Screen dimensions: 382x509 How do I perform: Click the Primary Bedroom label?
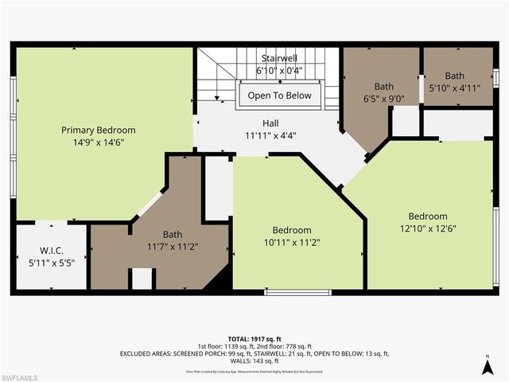[99, 130]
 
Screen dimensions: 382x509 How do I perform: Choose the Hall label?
[271, 123]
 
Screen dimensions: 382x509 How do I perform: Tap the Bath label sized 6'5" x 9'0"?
[384, 87]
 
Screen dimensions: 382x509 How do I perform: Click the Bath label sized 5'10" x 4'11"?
[454, 76]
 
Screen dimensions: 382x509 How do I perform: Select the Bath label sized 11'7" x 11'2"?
[173, 235]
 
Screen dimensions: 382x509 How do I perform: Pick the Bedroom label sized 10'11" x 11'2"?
[292, 230]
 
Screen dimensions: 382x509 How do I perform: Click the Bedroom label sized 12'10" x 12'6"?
[428, 216]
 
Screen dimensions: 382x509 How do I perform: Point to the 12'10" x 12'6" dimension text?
[428, 228]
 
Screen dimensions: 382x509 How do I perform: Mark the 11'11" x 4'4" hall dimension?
[271, 135]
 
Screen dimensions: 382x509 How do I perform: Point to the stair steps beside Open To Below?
[215, 76]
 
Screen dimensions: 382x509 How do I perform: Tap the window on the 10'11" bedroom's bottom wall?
[287, 292]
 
